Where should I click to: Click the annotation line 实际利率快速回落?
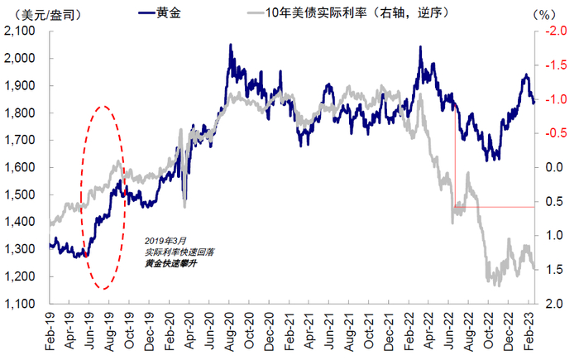click(179, 251)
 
